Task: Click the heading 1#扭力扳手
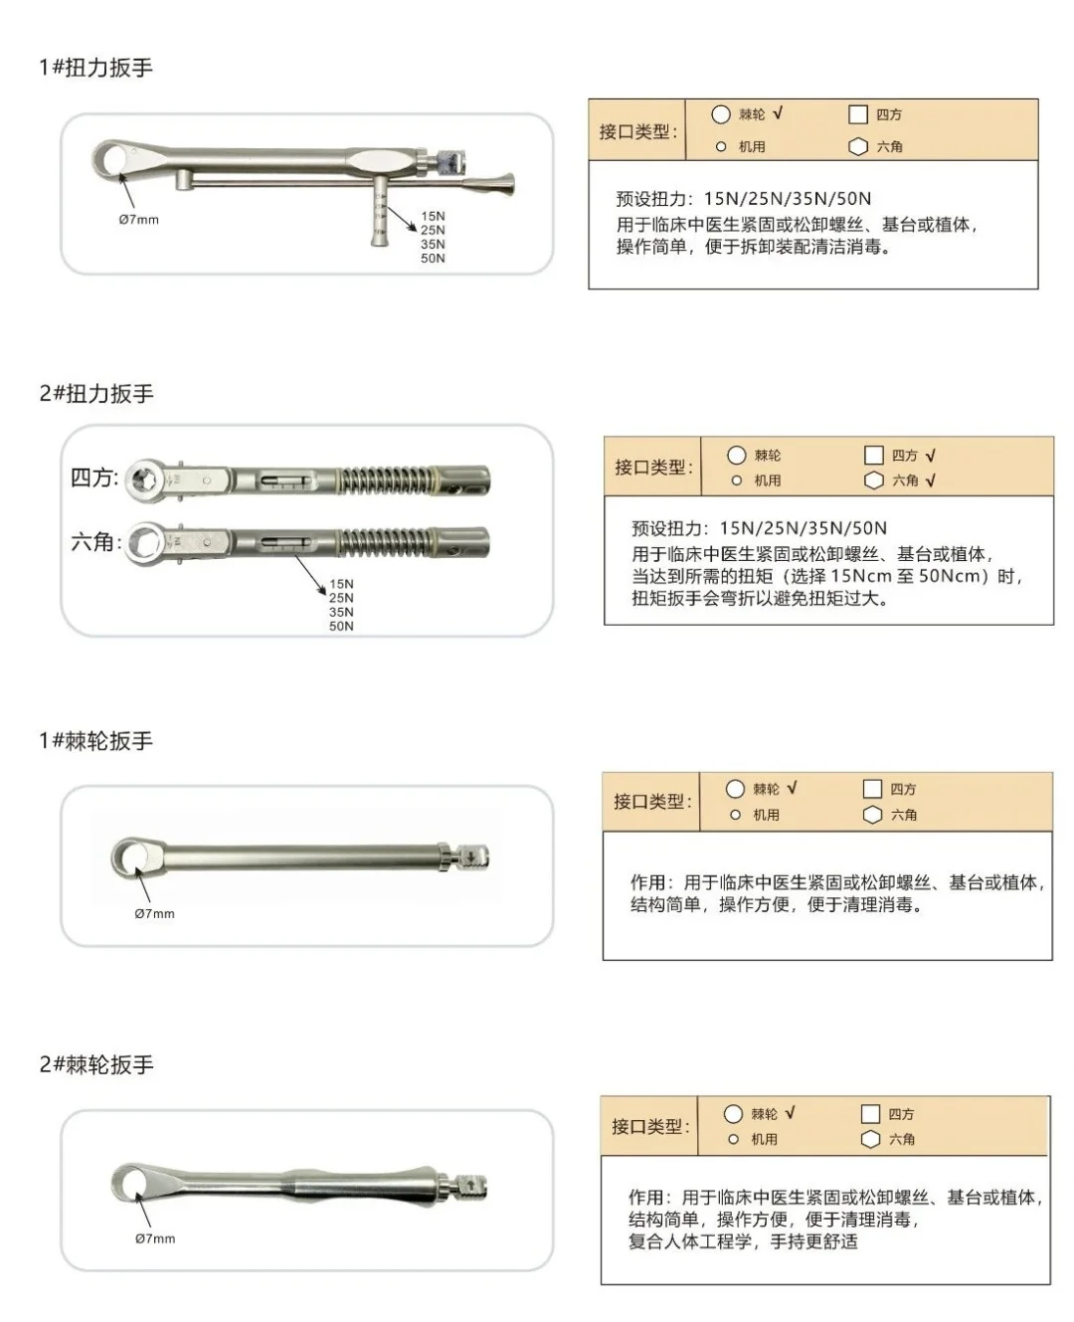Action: click(95, 68)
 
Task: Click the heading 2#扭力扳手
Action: click(96, 394)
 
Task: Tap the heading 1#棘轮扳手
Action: click(95, 741)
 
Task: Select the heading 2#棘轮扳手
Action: click(96, 1064)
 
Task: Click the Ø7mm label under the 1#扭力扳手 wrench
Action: click(138, 220)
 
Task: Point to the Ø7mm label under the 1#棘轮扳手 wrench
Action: click(154, 913)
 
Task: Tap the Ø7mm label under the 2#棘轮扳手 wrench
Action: click(155, 1238)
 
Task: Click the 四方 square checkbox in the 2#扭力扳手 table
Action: click(873, 456)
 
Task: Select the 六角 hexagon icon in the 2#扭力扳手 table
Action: click(873, 480)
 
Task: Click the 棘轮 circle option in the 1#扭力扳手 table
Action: click(721, 114)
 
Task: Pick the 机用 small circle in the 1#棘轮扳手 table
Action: click(736, 815)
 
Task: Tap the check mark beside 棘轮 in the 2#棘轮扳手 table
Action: click(790, 1113)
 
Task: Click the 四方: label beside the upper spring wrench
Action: click(94, 477)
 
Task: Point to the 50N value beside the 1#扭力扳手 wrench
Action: click(433, 259)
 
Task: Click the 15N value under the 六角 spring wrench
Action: click(341, 584)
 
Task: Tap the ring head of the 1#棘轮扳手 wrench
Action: click(131, 855)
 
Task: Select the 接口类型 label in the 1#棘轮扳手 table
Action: click(652, 802)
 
